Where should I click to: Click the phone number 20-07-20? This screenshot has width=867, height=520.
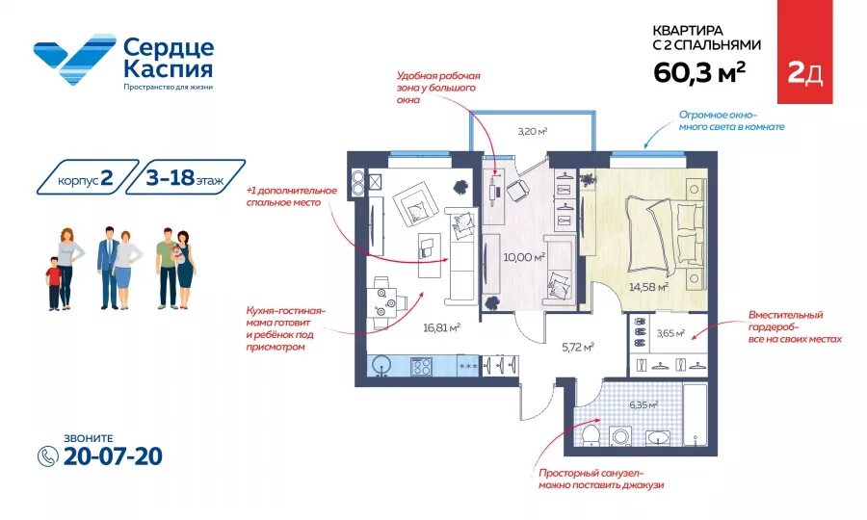coord(113,456)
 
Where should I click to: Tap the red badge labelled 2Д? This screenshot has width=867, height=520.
coord(804,52)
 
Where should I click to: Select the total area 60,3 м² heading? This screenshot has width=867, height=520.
coord(699,72)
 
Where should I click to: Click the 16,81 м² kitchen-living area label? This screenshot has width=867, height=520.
coord(442,327)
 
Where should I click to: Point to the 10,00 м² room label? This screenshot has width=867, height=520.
coord(524,257)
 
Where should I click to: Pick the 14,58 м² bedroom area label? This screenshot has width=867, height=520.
coord(648,287)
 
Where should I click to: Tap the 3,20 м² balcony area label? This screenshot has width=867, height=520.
coord(533,132)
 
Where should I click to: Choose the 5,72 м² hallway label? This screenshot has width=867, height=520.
coord(578,347)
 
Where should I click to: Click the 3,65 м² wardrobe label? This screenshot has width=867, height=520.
coord(670,333)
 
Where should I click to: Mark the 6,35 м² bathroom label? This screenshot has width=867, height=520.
coord(644,404)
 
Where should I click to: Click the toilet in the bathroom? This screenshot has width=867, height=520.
coord(591,433)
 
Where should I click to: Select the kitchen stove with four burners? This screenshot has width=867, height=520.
coord(421,366)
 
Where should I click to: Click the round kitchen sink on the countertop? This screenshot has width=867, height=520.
coord(381,366)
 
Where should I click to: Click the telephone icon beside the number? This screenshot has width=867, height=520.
coord(48,455)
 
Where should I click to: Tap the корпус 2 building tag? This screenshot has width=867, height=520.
coord(88,177)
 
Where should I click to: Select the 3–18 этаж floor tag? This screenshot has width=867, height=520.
coord(185,177)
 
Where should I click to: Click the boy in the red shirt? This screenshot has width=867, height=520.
coord(54,283)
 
